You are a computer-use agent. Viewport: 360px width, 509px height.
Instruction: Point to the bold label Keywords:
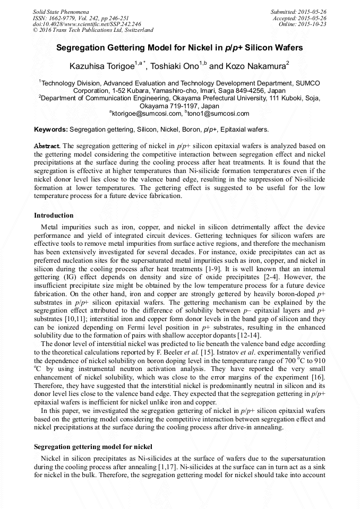[x=50, y=130]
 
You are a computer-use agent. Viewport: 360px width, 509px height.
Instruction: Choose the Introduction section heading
[x=54, y=215]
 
